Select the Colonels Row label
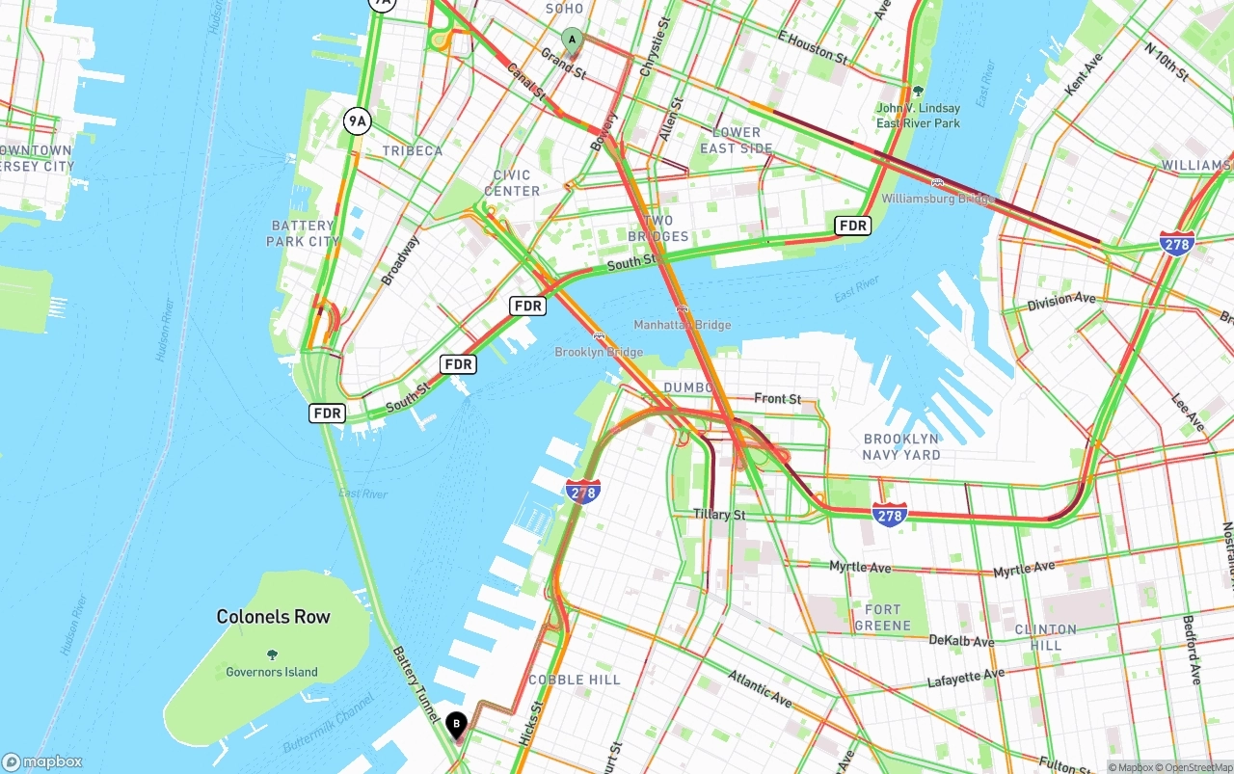click(x=273, y=617)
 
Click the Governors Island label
click(x=272, y=672)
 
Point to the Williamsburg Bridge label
click(x=937, y=199)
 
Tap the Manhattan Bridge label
click(x=682, y=325)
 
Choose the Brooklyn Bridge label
click(x=598, y=352)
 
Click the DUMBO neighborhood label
click(x=687, y=387)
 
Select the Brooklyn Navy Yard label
click(x=901, y=446)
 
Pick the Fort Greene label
click(x=882, y=617)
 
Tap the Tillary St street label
click(x=719, y=515)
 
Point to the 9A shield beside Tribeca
click(x=357, y=120)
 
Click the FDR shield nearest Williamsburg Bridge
click(x=853, y=226)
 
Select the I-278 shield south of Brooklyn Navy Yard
click(x=889, y=515)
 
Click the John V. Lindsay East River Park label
click(x=918, y=116)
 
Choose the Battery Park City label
click(x=304, y=233)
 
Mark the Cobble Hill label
click(x=575, y=680)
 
